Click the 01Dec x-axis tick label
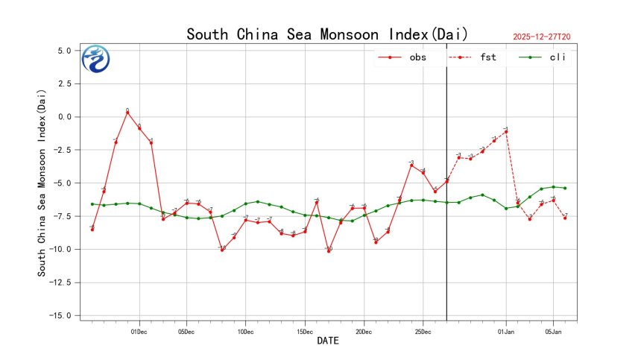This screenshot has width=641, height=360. click(139, 332)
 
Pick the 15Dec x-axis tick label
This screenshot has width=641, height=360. click(304, 332)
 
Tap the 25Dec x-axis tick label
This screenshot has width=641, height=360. click(422, 332)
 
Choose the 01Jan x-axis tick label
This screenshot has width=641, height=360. click(506, 332)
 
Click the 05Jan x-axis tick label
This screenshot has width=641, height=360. click(553, 332)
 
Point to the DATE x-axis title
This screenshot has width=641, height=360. click(328, 341)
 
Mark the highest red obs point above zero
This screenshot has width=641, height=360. click(127, 113)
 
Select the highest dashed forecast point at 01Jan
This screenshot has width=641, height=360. click(506, 131)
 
